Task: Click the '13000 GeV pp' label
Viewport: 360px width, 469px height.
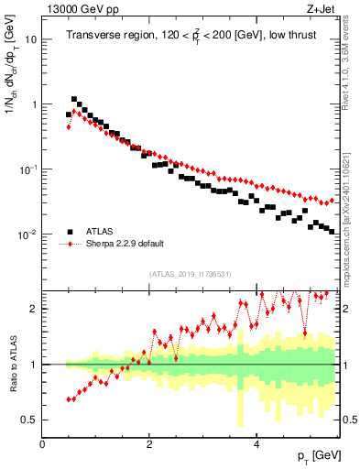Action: [76, 8]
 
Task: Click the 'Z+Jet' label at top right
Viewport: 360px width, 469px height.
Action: [322, 8]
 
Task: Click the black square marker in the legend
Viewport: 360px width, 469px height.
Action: [71, 231]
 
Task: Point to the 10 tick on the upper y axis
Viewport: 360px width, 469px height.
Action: [32, 40]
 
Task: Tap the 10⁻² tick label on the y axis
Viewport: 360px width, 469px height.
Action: [29, 234]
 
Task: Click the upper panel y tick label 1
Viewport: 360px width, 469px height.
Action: [35, 104]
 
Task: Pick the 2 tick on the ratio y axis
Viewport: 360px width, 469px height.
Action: [35, 309]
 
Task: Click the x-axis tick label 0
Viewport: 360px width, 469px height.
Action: [42, 443]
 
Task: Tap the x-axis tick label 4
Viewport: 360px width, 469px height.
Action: [256, 443]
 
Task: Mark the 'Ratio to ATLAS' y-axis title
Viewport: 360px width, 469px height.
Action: [12, 365]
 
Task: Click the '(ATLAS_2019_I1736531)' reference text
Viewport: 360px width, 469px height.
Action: [190, 274]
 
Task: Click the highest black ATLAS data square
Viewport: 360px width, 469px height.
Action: [74, 99]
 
